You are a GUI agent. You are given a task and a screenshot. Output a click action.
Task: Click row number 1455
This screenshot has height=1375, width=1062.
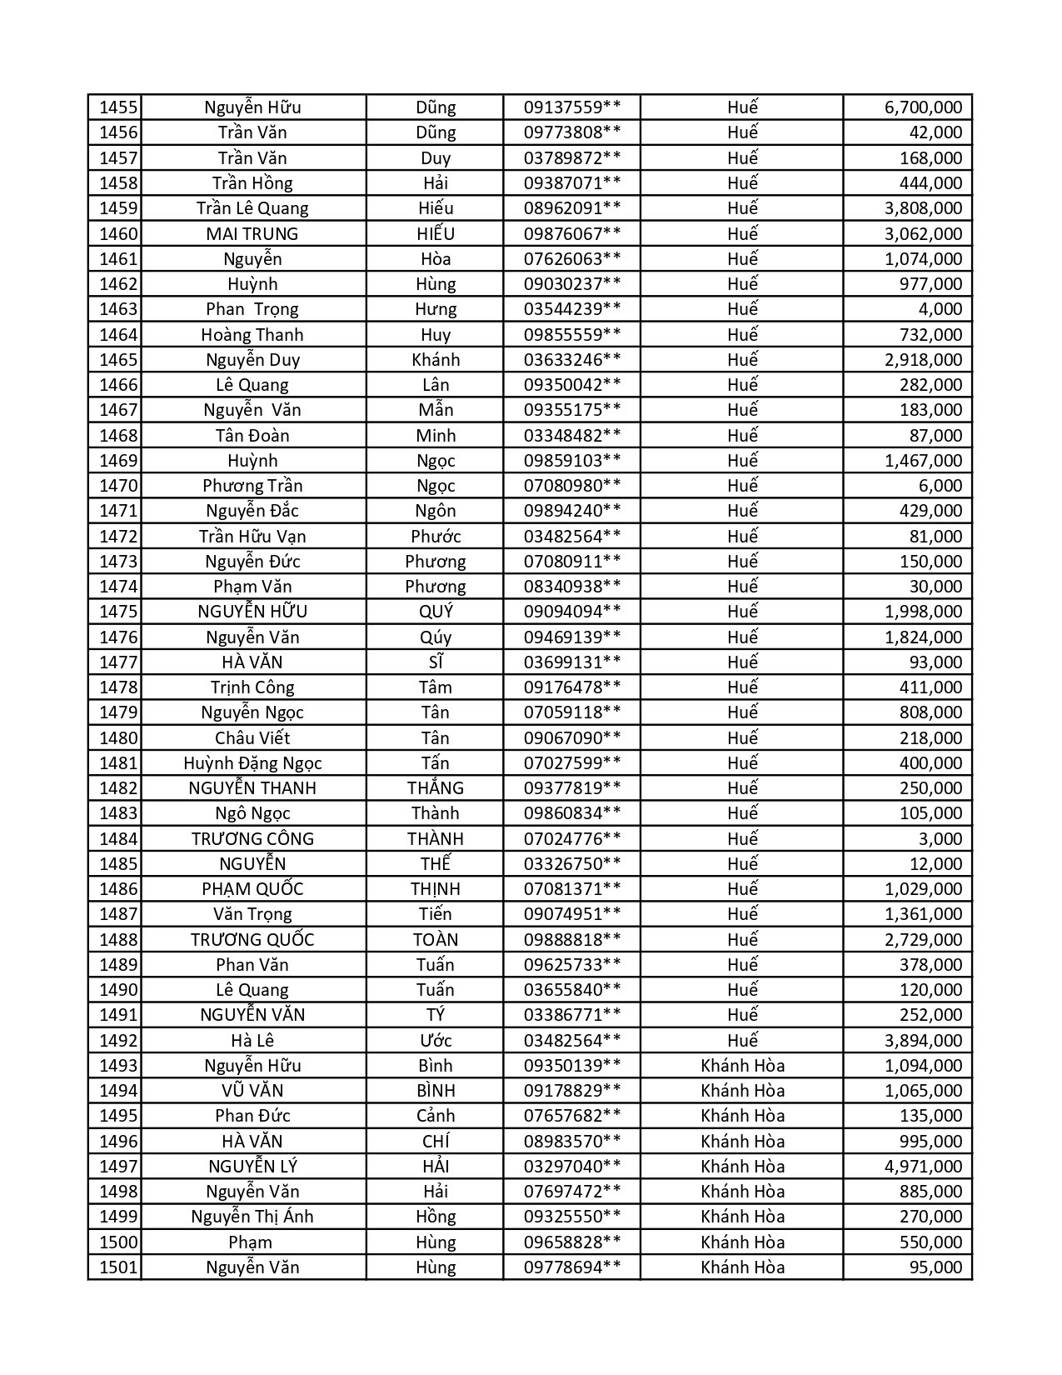tap(117, 107)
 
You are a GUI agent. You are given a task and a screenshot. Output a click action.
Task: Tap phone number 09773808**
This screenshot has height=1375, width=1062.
tap(571, 132)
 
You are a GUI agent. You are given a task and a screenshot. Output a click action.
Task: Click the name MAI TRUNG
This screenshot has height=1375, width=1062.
tap(252, 233)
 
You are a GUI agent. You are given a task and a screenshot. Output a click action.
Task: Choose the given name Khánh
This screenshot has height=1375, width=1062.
tap(435, 359)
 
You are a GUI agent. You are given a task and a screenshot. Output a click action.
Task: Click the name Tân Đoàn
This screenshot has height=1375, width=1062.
tap(252, 435)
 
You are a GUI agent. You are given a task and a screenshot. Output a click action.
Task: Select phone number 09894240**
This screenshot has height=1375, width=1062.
tap(571, 511)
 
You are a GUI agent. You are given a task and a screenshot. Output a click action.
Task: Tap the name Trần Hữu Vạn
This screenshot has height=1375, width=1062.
tap(252, 536)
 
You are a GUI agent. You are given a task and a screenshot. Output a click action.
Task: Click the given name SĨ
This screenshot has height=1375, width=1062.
tap(435, 662)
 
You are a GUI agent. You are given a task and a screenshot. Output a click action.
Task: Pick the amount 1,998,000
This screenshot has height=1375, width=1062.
tap(923, 612)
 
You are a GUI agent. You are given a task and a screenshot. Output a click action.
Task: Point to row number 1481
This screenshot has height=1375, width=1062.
tap(117, 762)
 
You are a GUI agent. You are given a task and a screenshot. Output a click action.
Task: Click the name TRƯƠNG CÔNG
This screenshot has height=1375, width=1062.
tap(252, 838)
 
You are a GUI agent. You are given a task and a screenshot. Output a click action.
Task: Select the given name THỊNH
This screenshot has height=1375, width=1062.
tap(435, 888)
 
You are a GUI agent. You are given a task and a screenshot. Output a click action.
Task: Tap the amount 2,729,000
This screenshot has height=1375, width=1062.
tap(923, 939)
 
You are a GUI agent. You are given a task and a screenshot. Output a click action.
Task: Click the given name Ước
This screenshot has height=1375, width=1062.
tap(435, 1040)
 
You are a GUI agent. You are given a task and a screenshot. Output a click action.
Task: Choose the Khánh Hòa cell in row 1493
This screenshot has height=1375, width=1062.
tap(742, 1065)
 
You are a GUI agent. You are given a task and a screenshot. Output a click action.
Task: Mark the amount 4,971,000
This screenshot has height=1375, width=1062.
tap(923, 1166)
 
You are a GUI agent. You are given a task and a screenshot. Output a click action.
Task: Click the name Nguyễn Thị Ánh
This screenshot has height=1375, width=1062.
tap(252, 1217)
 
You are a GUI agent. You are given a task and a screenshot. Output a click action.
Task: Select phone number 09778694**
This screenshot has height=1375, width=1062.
tap(571, 1267)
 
